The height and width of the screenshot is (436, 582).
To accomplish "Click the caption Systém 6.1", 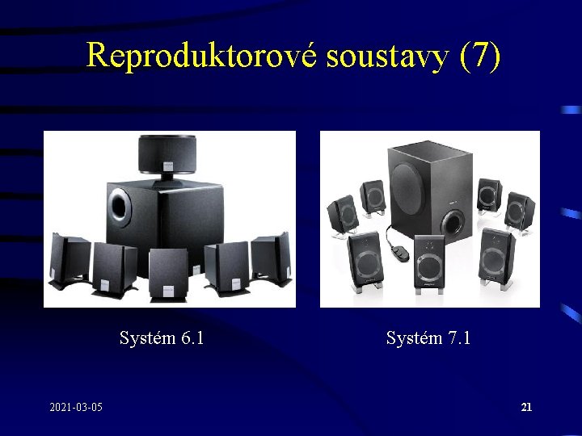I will pos(162,337).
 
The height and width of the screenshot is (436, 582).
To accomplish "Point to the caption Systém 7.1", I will pos(428,337).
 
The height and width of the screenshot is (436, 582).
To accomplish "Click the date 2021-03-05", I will pos(76,408).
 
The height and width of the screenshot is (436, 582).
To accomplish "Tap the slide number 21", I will pos(526,408).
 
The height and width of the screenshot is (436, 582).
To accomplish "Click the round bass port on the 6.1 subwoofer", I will pos(120,205).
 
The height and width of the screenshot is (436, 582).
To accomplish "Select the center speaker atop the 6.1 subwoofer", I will pos(167,153).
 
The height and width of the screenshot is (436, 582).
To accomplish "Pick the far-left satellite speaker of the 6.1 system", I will pos(70,260).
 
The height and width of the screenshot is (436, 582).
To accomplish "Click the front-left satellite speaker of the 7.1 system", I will pos(365,259).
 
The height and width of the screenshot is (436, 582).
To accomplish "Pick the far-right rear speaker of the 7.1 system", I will pos(518,211).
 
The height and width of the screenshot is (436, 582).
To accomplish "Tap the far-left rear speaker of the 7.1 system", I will pos(343,215).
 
